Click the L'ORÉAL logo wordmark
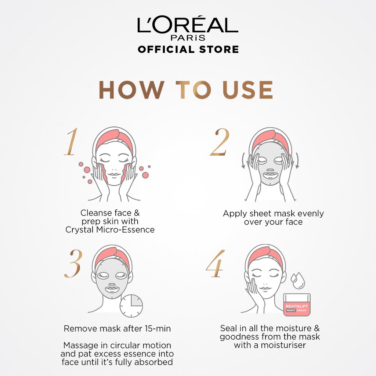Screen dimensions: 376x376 [188, 25]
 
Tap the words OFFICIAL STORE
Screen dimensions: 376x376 [188, 49]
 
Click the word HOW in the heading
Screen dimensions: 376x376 [131, 90]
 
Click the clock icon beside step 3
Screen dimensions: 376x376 [131, 305]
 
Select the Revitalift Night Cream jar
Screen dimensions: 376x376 [297, 305]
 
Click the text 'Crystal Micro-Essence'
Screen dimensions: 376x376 [110, 230]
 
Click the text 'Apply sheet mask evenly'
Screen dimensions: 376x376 [273, 214]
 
